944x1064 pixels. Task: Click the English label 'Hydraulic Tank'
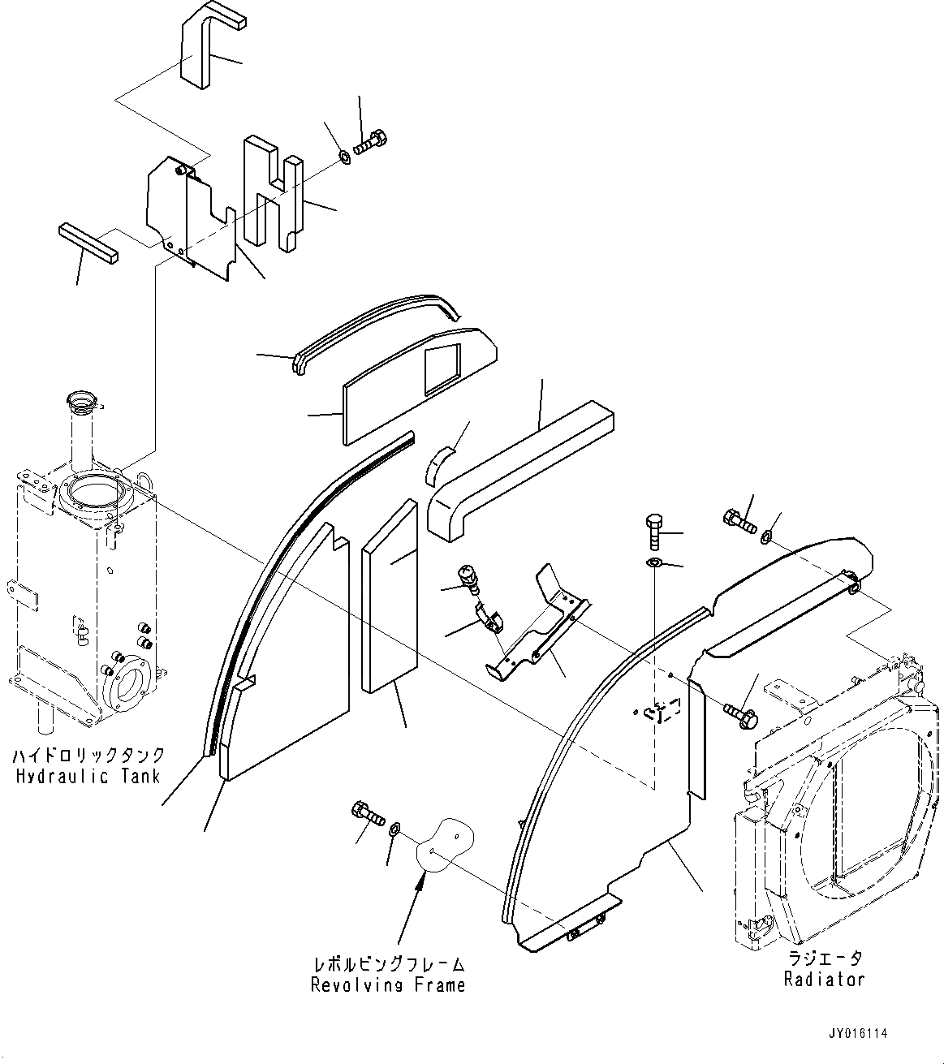pyautogui.click(x=88, y=776)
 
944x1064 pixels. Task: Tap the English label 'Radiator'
pyautogui.click(x=824, y=979)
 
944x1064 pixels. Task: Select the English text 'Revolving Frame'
pyautogui.click(x=389, y=985)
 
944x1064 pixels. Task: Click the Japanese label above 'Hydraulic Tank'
pyautogui.click(x=88, y=756)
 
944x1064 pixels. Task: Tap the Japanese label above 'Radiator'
pyautogui.click(x=824, y=958)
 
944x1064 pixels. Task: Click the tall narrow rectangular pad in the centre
pyautogui.click(x=390, y=597)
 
